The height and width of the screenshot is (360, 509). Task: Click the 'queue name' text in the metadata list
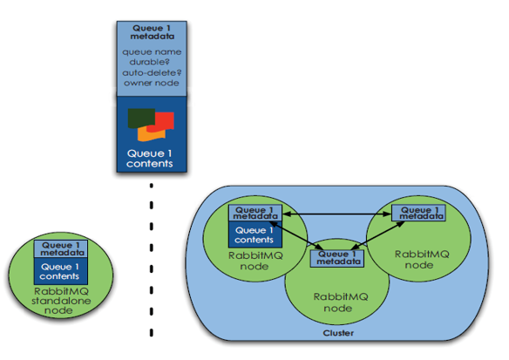pos(152,52)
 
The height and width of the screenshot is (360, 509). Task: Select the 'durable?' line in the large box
pos(150,62)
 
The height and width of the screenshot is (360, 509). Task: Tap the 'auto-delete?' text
pos(152,72)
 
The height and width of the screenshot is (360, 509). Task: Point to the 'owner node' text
pos(152,83)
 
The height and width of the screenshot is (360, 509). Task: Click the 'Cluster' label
pos(338,333)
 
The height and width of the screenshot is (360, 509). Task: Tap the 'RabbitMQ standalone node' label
pos(61,301)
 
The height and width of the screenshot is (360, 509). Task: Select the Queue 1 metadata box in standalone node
pos(61,249)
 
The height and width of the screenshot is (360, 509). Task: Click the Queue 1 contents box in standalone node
pos(61,271)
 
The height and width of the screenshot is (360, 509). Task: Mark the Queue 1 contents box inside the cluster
pos(255,234)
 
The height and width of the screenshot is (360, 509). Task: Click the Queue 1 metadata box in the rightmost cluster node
pos(418,213)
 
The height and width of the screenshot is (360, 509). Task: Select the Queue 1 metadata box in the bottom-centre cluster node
pos(337,258)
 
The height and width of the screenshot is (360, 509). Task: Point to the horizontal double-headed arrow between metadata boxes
pos(337,214)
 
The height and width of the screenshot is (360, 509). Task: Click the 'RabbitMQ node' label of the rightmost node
pos(421,260)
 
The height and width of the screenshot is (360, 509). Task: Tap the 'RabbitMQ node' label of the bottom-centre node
pos(340,302)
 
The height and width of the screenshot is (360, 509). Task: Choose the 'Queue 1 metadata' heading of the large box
pos(152,32)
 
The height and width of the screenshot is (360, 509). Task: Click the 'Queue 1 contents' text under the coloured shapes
pos(150,159)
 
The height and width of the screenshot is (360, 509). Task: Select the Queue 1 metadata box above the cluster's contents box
pos(255,214)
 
